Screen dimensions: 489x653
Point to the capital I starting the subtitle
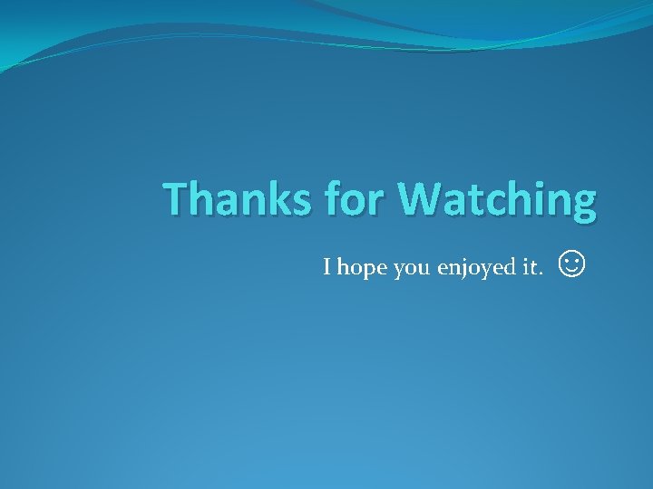(327, 268)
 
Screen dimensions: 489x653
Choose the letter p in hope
(368, 271)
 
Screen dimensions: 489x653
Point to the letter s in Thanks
(291, 202)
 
